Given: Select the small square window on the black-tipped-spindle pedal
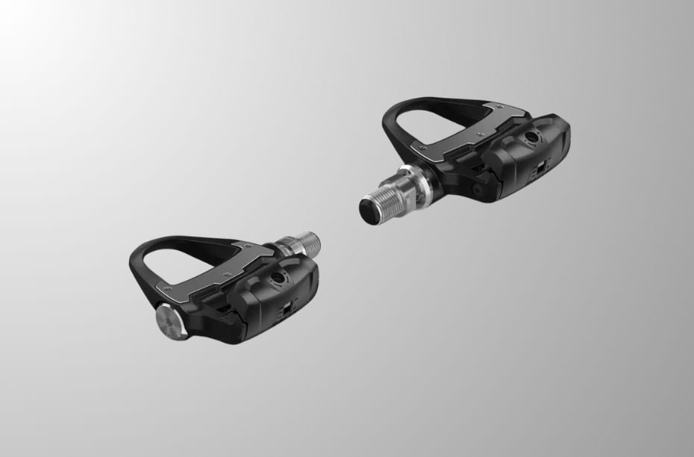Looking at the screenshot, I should (x=537, y=170).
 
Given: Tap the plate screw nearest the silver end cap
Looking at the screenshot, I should (x=166, y=287).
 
